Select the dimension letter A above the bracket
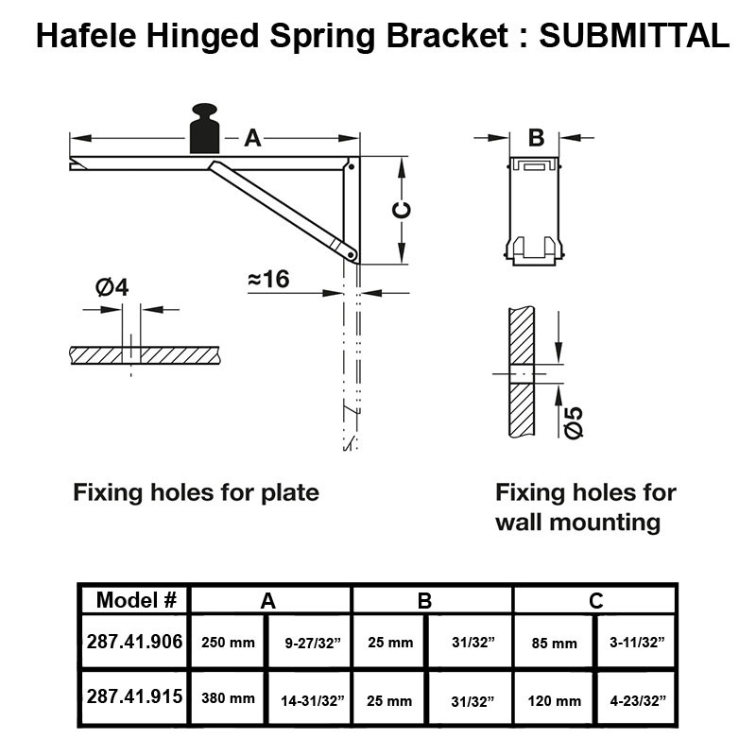[x=252, y=138]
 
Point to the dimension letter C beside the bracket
[x=401, y=211]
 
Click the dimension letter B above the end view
[x=536, y=138]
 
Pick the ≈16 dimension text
[x=268, y=280]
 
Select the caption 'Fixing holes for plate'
[x=196, y=492]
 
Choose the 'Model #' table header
[x=136, y=600]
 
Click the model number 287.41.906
[x=134, y=642]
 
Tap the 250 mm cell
[x=229, y=643]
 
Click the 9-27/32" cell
[x=311, y=643]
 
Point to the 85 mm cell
[x=554, y=644]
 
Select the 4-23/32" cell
[x=636, y=701]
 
